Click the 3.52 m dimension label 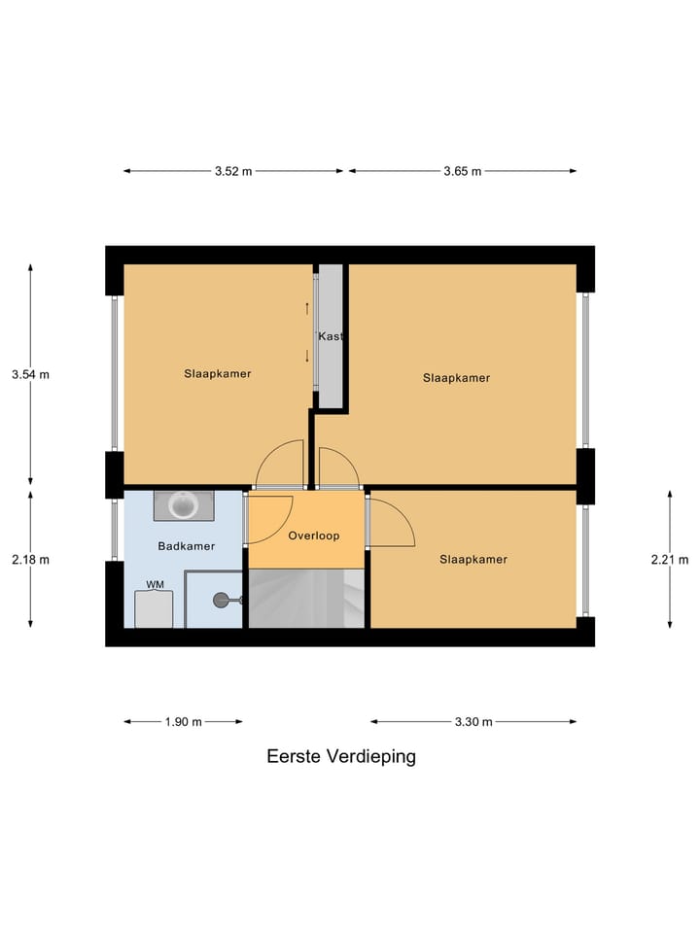point(233,171)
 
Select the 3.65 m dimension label point(463,171)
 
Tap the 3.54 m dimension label point(30,374)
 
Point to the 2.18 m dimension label point(30,559)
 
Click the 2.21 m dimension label point(670,559)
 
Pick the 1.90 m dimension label point(184,721)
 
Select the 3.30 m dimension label point(473,721)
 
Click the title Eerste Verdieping point(341,756)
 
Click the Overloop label point(313,535)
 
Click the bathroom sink point(184,505)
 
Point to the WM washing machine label point(155,584)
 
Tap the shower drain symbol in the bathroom point(222,600)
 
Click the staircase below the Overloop point(306,598)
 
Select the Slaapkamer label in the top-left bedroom point(218,373)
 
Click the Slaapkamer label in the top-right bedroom point(456,378)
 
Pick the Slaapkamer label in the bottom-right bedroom point(473,559)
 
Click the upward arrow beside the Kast point(307,309)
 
